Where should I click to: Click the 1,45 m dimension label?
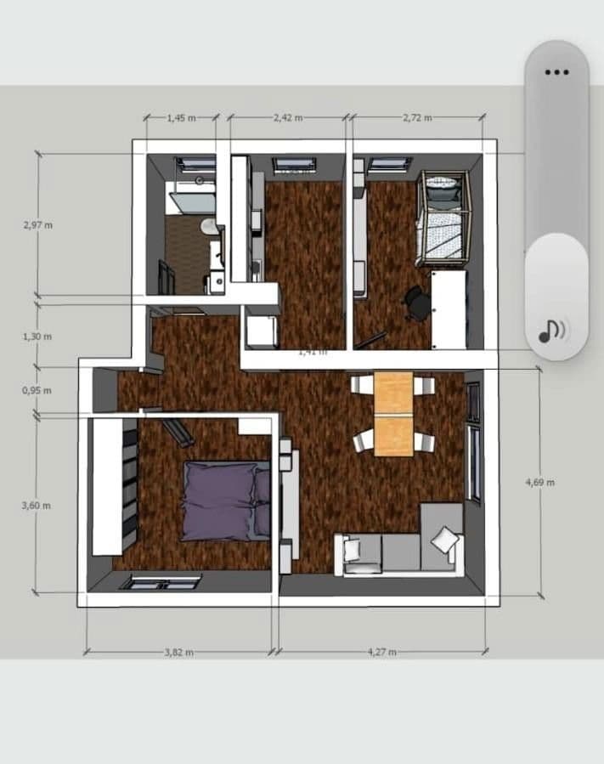pos(180,118)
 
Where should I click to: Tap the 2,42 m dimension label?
pos(288,118)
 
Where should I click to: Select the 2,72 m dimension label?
pos(417,118)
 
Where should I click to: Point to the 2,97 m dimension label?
pos(37,225)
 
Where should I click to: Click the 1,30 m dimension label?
pos(37,337)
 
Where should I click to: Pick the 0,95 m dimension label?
pos(37,391)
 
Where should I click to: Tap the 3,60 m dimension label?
pos(37,506)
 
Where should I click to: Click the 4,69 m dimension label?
pos(540,482)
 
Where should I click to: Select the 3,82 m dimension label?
pos(178,652)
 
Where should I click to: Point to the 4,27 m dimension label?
pos(381,652)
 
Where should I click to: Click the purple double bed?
pos(225,500)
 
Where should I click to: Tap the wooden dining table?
pos(393,413)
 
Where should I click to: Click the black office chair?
pos(416,303)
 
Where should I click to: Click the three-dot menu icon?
pos(556,72)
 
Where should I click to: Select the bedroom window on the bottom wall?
pos(161,582)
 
